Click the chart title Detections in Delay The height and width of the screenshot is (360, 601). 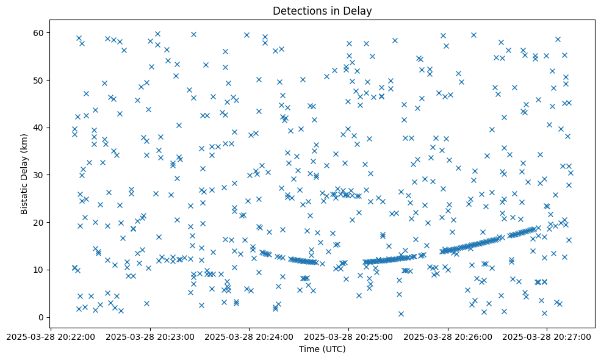tap(322, 11)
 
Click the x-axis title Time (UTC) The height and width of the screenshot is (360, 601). tap(322, 349)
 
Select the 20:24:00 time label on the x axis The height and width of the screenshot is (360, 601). tap(249, 336)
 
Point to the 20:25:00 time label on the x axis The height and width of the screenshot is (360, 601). tap(348, 336)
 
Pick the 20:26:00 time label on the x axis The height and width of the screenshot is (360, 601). tap(448, 336)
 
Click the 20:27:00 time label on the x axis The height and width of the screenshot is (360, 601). tap(547, 336)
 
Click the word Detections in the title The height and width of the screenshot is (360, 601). tap(299, 11)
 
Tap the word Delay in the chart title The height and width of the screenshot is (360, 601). tap(360, 11)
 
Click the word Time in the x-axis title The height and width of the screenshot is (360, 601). tap(309, 349)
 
